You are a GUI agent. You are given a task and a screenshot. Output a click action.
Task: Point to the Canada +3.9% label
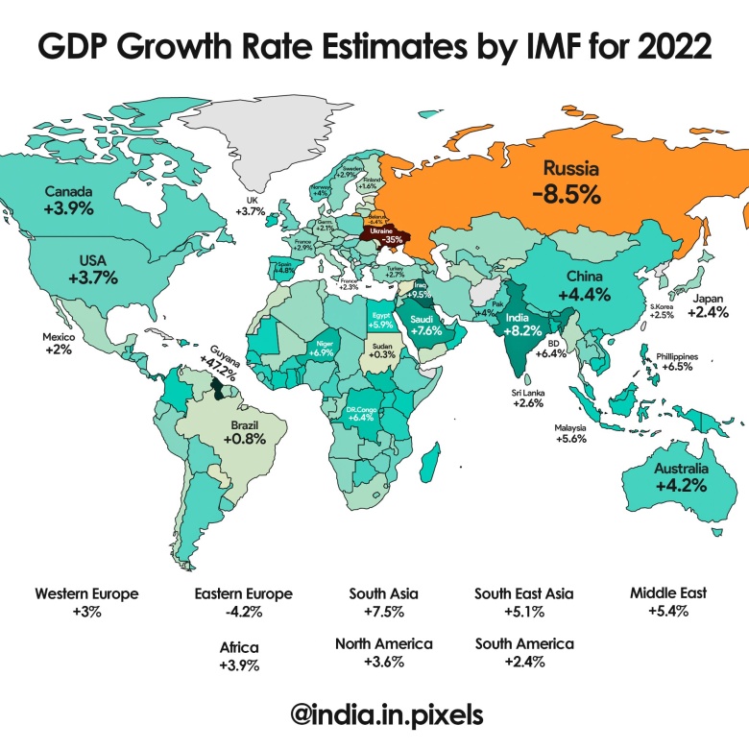(x=68, y=200)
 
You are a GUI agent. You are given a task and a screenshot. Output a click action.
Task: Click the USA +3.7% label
(x=93, y=269)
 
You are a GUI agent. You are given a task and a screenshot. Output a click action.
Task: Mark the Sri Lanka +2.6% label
(x=529, y=398)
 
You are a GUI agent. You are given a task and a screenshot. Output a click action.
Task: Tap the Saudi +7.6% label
(x=426, y=326)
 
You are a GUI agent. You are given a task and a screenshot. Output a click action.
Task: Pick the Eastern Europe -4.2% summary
(x=243, y=602)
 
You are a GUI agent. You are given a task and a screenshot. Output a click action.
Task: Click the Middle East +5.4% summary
(x=668, y=602)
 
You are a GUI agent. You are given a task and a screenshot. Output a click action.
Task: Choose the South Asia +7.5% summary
(x=384, y=602)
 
